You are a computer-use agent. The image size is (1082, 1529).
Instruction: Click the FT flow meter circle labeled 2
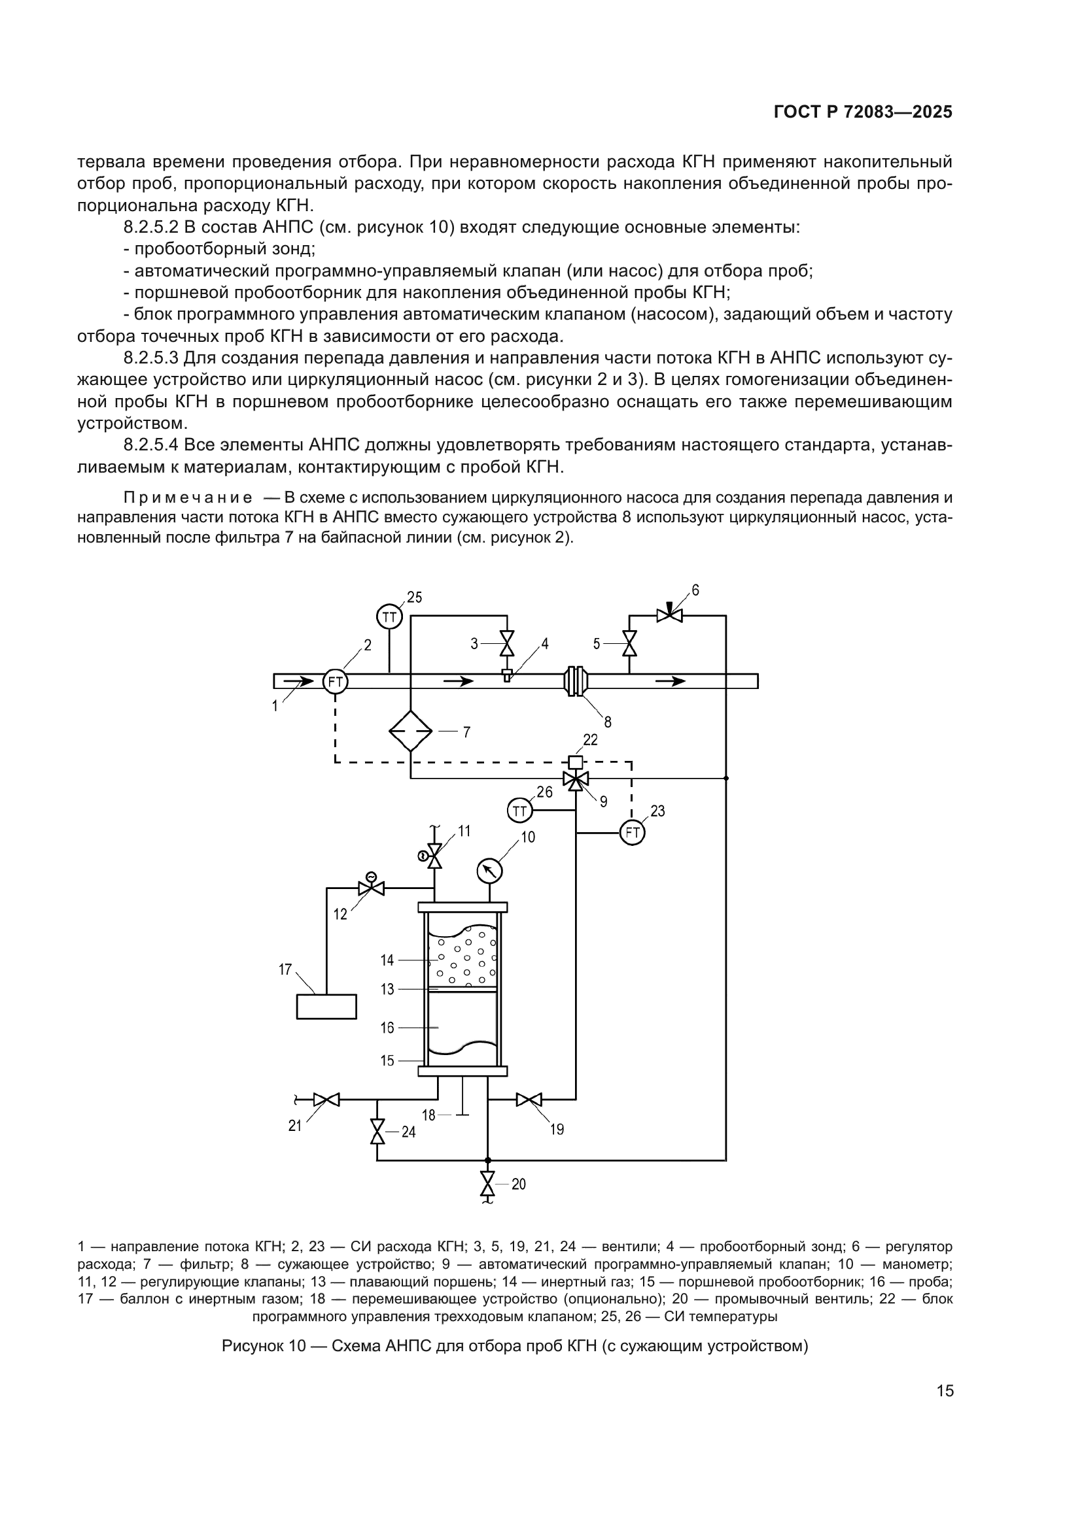click(x=335, y=681)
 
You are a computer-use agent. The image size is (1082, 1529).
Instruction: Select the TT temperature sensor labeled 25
click(x=390, y=617)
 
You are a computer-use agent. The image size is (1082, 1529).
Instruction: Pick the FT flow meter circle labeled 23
click(x=633, y=832)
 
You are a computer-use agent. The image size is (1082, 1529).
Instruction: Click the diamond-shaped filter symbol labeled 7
click(x=410, y=731)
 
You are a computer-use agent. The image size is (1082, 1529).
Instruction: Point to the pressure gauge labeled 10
click(x=490, y=870)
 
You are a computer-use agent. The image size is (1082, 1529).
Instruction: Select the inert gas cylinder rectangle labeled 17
click(x=326, y=1006)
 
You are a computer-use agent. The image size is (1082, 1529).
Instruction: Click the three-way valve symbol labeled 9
click(x=575, y=779)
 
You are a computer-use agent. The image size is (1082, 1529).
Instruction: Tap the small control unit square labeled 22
click(x=575, y=761)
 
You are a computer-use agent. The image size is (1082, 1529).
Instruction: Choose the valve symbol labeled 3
click(x=507, y=643)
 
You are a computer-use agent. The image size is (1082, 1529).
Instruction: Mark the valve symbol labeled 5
click(x=629, y=643)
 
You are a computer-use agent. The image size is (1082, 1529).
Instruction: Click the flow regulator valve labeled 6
click(x=669, y=616)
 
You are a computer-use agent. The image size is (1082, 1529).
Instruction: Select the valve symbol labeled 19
click(x=529, y=1100)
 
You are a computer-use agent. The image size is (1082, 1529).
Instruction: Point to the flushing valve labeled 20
click(x=488, y=1184)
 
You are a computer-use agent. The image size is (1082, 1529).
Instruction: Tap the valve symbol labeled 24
click(x=377, y=1132)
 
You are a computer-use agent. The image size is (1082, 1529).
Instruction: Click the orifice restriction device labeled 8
click(x=574, y=681)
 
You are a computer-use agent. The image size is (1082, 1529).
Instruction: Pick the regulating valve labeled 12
click(x=371, y=888)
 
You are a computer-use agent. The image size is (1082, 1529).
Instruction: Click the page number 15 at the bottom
click(x=945, y=1390)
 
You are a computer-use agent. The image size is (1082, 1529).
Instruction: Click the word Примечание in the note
click(x=188, y=498)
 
